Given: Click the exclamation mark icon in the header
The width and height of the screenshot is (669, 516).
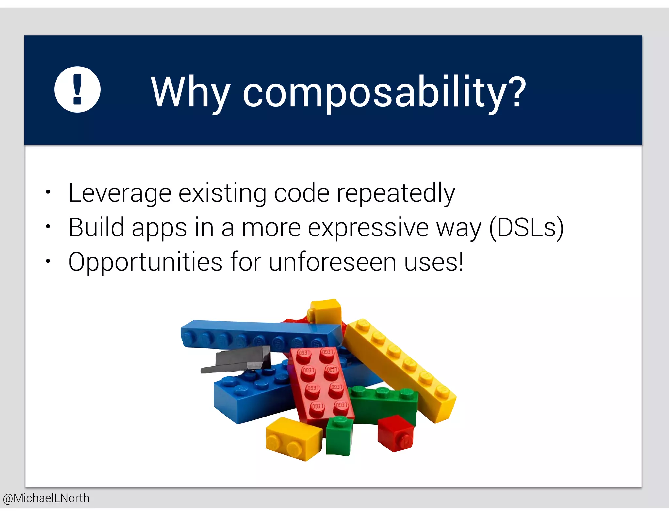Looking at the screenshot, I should pyautogui.click(x=77, y=89).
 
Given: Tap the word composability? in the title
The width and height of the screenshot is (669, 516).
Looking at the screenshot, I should pyautogui.click(x=384, y=93).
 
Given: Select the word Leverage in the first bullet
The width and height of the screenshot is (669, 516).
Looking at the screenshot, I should pyautogui.click(x=120, y=193).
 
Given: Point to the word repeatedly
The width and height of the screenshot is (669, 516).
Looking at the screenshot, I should pyautogui.click(x=396, y=193).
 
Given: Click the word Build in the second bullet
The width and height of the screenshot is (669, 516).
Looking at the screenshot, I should pyautogui.click(x=96, y=227).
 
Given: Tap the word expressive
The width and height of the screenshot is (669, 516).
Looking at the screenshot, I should pyautogui.click(x=368, y=228).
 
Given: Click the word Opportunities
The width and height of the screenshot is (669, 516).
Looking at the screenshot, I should pyautogui.click(x=145, y=262).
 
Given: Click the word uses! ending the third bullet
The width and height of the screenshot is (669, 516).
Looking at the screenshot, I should pyautogui.click(x=433, y=262).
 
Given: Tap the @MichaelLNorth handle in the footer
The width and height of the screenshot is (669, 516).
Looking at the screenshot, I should pyautogui.click(x=46, y=498).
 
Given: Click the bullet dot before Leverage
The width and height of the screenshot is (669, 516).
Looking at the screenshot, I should pyautogui.click(x=48, y=192).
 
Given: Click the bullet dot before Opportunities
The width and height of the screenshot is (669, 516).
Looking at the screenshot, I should pyautogui.click(x=48, y=261).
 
